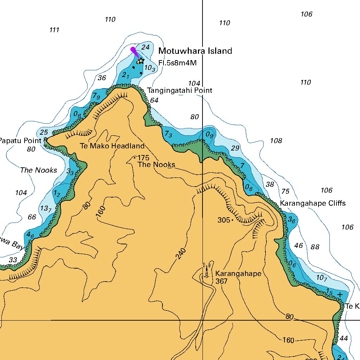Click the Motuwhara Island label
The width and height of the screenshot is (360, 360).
[x=195, y=51]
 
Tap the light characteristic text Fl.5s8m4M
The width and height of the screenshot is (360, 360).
[x=177, y=63]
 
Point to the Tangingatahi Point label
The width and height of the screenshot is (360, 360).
[x=179, y=90]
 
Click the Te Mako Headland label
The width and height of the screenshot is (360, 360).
[x=112, y=146]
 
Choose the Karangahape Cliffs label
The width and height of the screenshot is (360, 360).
[x=313, y=203]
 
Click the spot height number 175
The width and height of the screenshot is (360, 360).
[x=143, y=158]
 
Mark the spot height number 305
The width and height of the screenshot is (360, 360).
[x=224, y=220]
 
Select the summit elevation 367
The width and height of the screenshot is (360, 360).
[x=222, y=281]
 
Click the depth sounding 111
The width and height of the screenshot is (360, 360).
[x=54, y=30]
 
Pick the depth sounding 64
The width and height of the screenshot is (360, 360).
[x=154, y=100]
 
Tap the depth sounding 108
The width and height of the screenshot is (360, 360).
[x=276, y=141]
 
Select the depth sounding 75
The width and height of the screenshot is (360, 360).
[x=285, y=191]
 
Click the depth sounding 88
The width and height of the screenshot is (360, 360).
[x=315, y=247]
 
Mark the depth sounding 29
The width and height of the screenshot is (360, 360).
[x=235, y=148]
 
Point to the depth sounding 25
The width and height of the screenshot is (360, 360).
[x=44, y=132]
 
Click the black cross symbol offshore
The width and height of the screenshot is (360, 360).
[x=340, y=294]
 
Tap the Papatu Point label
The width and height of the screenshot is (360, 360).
[x=20, y=141]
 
